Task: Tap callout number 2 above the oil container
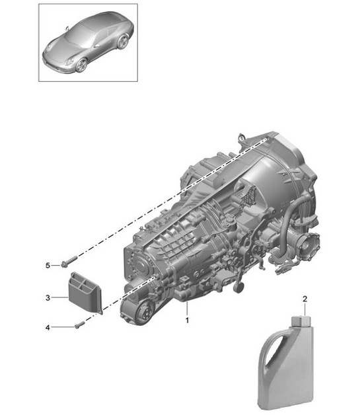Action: tap(305, 299)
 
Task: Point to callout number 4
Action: tap(47, 326)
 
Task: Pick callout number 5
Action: tap(47, 265)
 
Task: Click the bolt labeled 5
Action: tap(65, 264)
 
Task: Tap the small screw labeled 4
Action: tap(79, 324)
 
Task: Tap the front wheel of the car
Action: tap(81, 65)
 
